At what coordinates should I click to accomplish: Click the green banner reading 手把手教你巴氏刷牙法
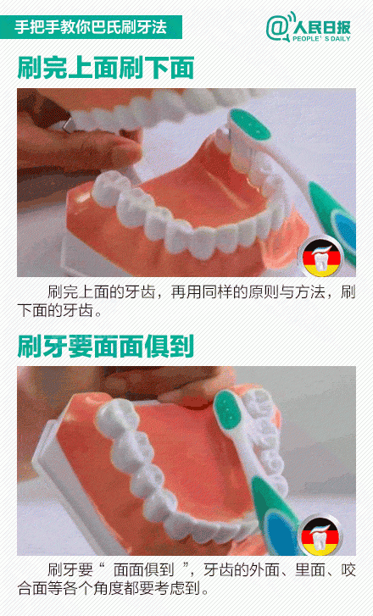coord(91,27)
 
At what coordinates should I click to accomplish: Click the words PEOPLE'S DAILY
coord(321,38)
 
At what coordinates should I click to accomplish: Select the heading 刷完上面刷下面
coord(106,68)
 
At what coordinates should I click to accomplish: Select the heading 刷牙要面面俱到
coord(106,346)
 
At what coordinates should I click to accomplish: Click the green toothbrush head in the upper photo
coord(249,125)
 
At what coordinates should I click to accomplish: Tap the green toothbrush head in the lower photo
coord(227,412)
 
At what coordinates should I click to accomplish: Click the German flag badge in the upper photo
coord(320,256)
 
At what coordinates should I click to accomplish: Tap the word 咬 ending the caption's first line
coord(348,570)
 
